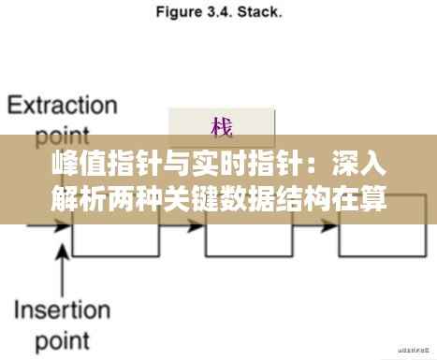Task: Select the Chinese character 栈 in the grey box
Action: (222, 126)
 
